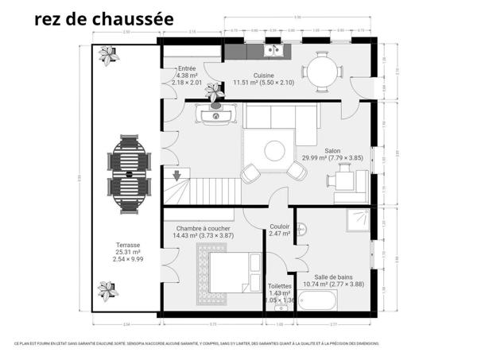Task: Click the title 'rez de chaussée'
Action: coord(105,18)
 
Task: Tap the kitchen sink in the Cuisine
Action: coord(274,51)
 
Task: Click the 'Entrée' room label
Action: coord(187,68)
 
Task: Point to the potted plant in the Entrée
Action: coord(213,90)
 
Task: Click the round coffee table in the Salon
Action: coord(275,150)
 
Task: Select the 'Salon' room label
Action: coord(332,150)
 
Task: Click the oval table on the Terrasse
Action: coord(129,176)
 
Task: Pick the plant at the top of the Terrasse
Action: coord(107,55)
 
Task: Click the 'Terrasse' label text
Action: coord(127,245)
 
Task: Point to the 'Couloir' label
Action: coord(279,226)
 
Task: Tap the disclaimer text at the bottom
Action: coord(196,343)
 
